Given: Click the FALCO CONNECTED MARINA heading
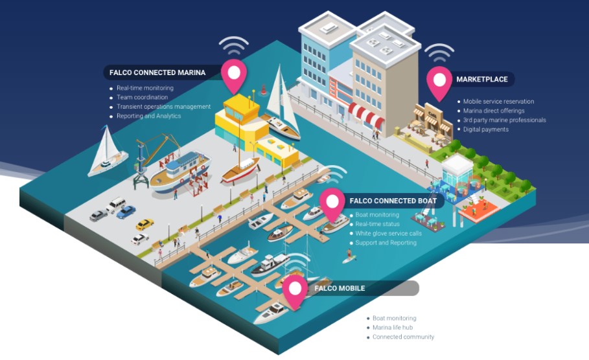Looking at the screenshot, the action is pyautogui.click(x=157, y=73).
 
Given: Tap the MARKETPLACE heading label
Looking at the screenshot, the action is pyautogui.click(x=482, y=79).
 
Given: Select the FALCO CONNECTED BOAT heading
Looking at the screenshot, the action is pyautogui.click(x=393, y=201).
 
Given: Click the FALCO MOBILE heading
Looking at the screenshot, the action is pyautogui.click(x=340, y=288).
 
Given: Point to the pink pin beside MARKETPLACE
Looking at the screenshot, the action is pyautogui.click(x=439, y=83).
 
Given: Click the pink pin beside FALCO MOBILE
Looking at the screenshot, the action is pyautogui.click(x=295, y=291).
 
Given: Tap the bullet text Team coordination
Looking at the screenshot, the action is pyautogui.click(x=143, y=97).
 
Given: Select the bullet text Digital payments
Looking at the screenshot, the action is pyautogui.click(x=486, y=129).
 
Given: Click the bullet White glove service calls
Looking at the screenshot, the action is pyautogui.click(x=388, y=234).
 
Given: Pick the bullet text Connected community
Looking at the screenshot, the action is pyautogui.click(x=404, y=337).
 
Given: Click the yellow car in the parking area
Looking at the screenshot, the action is pyautogui.click(x=144, y=224).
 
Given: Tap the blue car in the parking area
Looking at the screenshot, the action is pyautogui.click(x=126, y=212).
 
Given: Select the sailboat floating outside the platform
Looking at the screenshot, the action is pyautogui.click(x=107, y=152).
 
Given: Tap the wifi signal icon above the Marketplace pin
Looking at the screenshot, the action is pyautogui.click(x=439, y=52).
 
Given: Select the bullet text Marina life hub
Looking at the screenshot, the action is pyautogui.click(x=393, y=328).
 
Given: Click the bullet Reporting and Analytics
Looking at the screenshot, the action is pyautogui.click(x=149, y=116).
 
